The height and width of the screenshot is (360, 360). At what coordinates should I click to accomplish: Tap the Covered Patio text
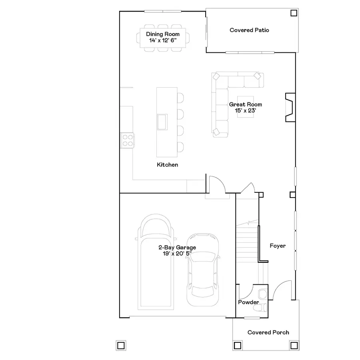pyautogui.click(x=249, y=30)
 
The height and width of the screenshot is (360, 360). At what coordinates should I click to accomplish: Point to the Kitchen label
pyautogui.click(x=167, y=165)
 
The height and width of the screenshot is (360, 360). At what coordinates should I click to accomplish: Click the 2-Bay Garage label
pyautogui.click(x=177, y=248)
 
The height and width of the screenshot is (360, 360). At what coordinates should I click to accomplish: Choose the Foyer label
pyautogui.click(x=277, y=246)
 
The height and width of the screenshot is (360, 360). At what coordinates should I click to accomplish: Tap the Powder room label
pyautogui.click(x=248, y=302)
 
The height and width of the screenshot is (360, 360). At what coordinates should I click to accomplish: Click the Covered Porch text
pyautogui.click(x=268, y=332)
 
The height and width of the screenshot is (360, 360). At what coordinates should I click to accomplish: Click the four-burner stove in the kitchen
pyautogui.click(x=128, y=140)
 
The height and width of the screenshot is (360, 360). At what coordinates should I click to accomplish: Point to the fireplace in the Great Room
pyautogui.click(x=289, y=107)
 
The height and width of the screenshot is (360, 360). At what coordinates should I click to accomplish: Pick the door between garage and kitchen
pyautogui.click(x=216, y=185)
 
